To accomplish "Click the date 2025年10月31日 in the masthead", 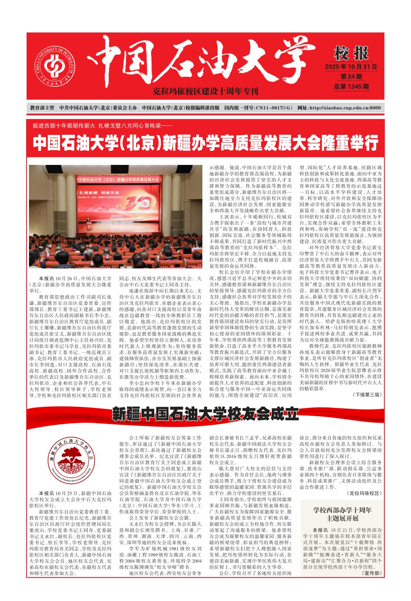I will pos(351,67).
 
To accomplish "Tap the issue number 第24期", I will pos(351,77).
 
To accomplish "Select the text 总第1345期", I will pos(351,86).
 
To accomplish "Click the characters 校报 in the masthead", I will pos(351,53).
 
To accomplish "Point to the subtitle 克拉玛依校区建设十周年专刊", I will pos(205,91).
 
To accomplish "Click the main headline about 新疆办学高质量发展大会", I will pos(205,143).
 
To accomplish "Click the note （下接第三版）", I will pos(367,395).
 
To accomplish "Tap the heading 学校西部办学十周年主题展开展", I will pos(342,514).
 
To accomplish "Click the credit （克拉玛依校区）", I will pos(364,494).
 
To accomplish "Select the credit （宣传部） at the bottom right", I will pos(371,573).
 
